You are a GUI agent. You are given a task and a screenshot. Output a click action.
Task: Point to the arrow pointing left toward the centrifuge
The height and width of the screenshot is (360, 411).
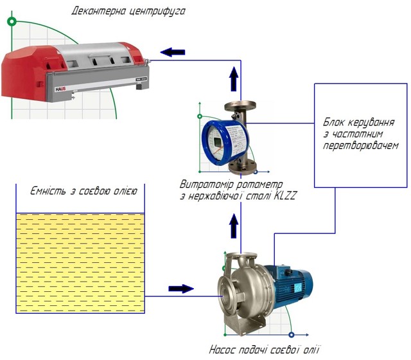click(171, 52)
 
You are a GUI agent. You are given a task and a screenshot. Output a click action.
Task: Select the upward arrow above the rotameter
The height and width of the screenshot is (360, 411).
click(233, 80)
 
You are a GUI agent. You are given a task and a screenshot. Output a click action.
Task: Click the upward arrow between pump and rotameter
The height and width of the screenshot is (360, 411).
click(234, 226)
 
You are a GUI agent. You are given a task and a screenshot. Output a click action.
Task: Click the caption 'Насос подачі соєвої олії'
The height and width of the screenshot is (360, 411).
click(264, 350)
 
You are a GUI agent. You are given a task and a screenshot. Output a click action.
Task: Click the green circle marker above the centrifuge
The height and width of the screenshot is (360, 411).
click(11, 21)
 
